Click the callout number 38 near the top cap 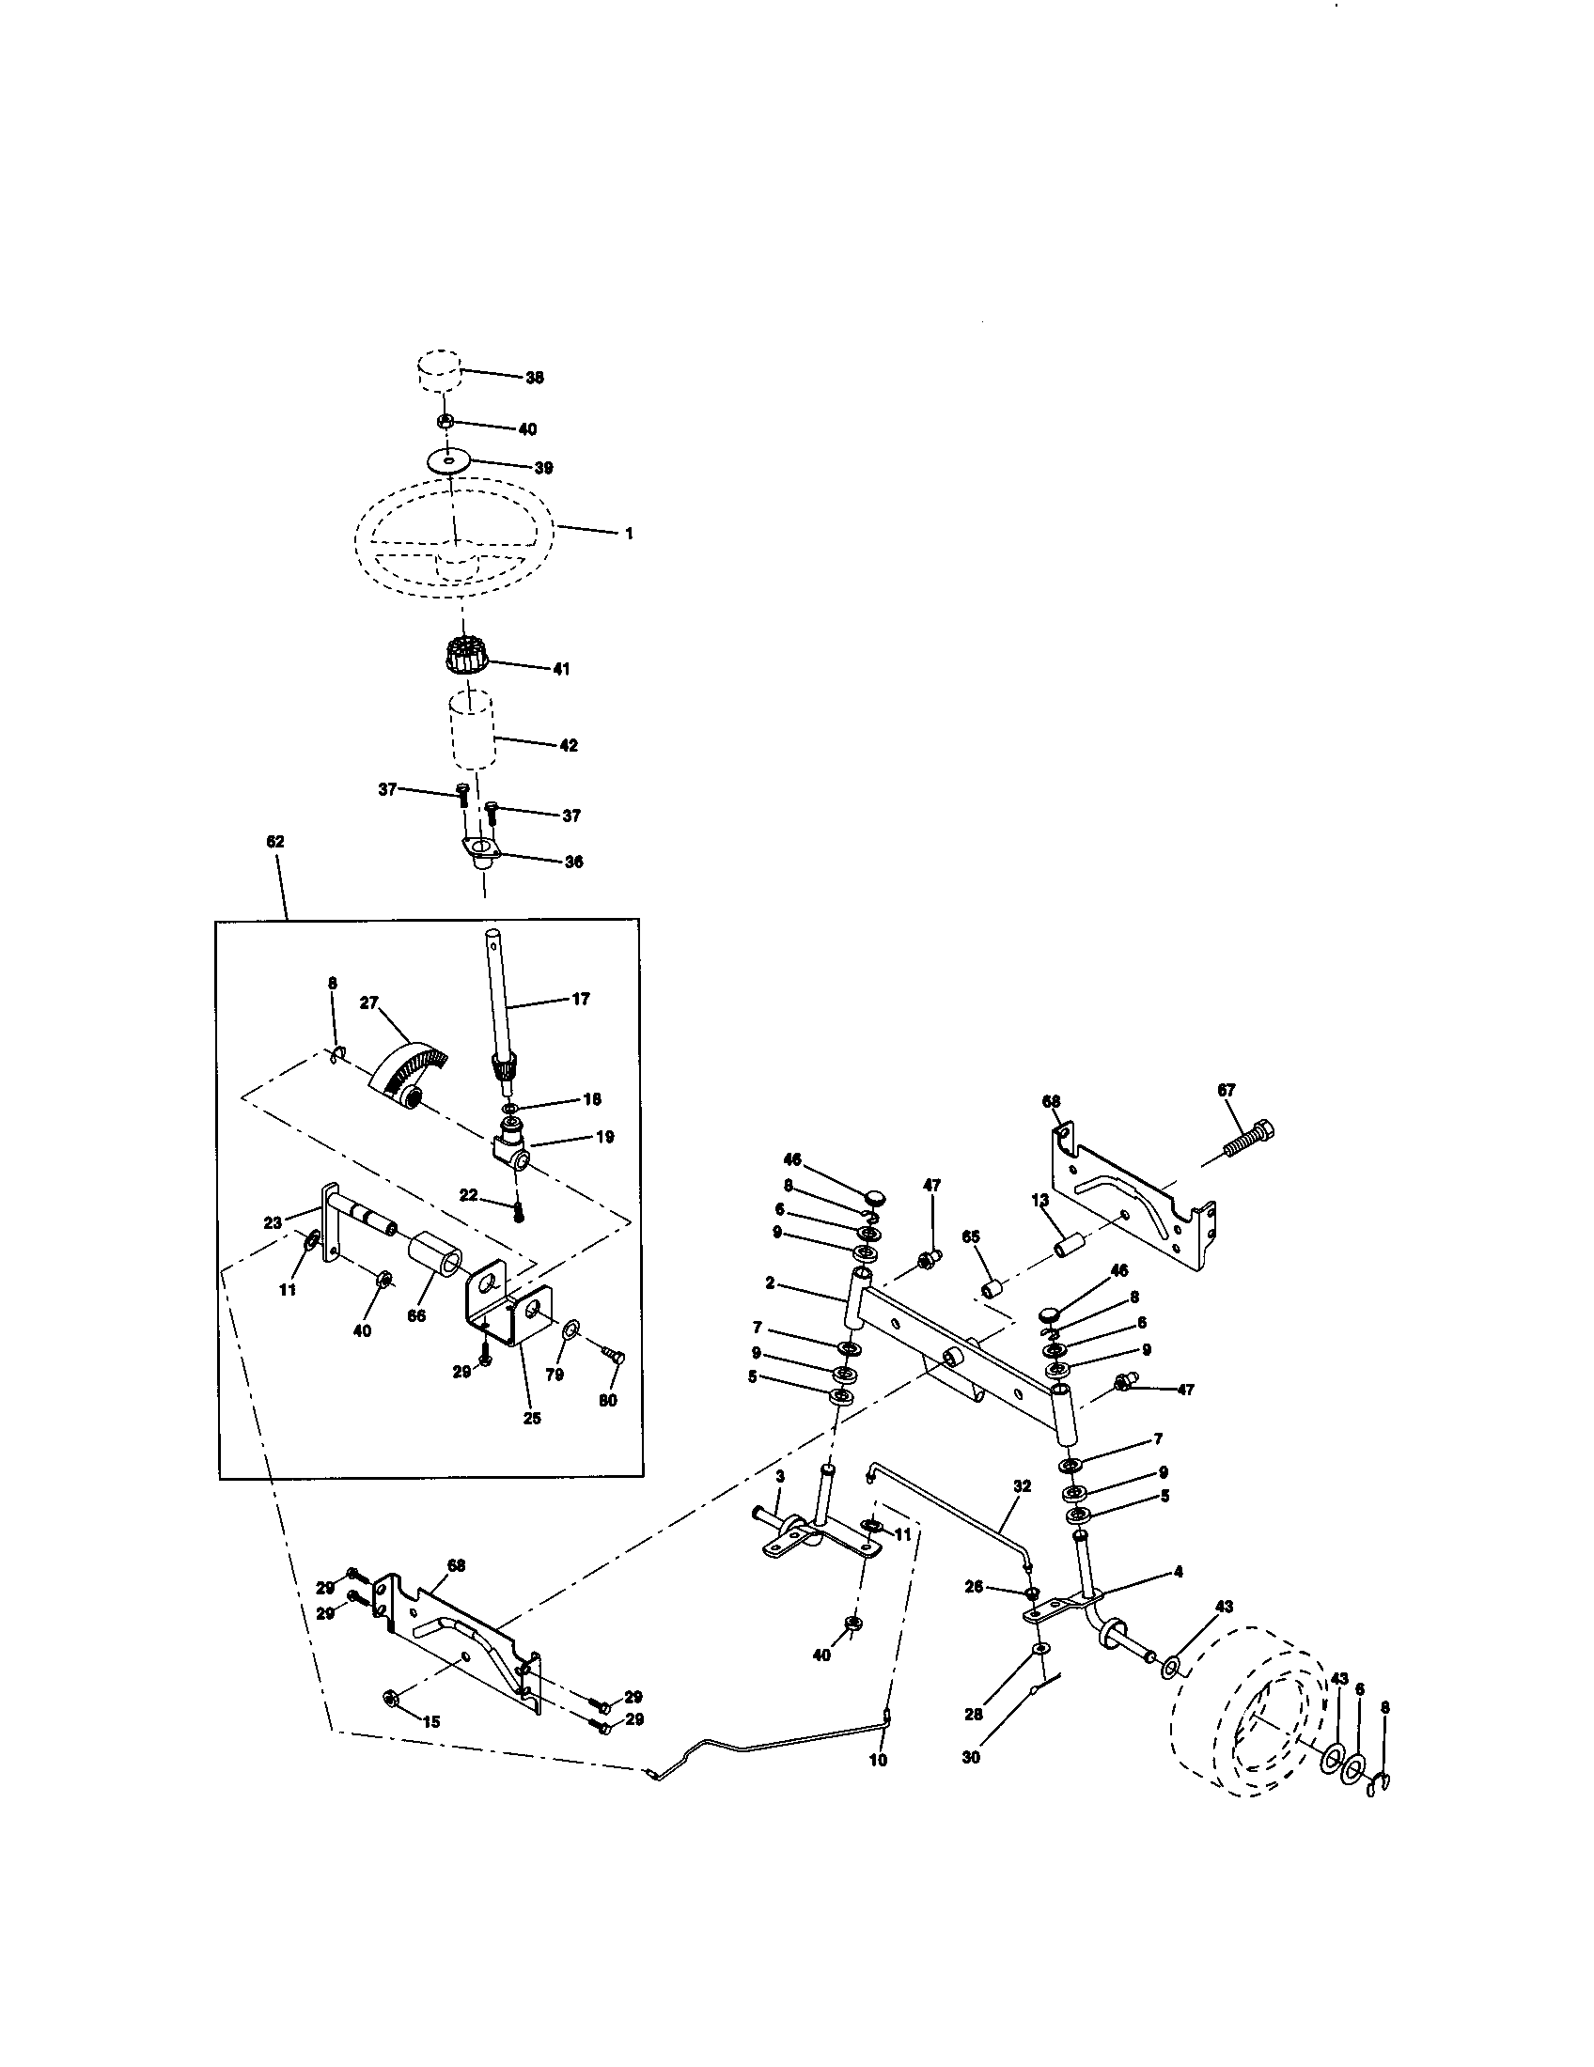pyautogui.click(x=535, y=378)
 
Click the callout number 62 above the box pyautogui.click(x=275, y=842)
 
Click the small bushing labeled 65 pyautogui.click(x=992, y=1290)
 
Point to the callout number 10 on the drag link pyautogui.click(x=878, y=1760)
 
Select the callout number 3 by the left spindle pyautogui.click(x=780, y=1476)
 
